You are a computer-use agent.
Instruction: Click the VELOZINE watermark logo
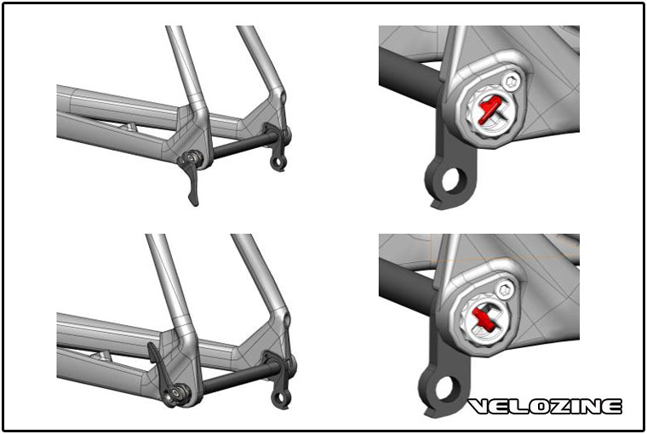pyautogui.click(x=545, y=407)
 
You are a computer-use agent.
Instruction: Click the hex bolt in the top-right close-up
pyautogui.click(x=511, y=83)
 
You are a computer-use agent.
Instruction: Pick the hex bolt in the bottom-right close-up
pyautogui.click(x=506, y=290)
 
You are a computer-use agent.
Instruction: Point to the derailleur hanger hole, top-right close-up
pyautogui.click(x=452, y=180)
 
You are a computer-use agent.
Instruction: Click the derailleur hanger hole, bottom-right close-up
pyautogui.click(x=447, y=388)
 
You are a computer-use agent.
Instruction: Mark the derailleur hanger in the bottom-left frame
pyautogui.click(x=278, y=380)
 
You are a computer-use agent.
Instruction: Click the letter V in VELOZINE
pyautogui.click(x=478, y=407)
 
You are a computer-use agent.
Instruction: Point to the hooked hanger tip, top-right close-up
pyautogui.click(x=438, y=203)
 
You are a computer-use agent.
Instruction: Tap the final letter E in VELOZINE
pyautogui.click(x=610, y=407)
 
